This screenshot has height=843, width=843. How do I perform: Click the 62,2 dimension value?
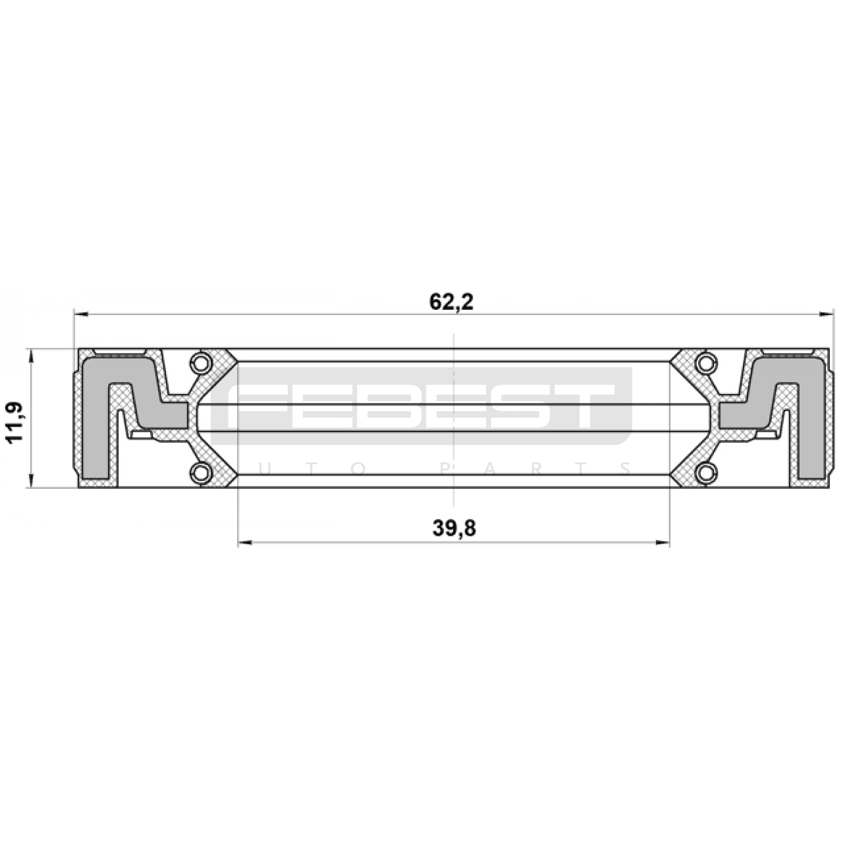click(452, 302)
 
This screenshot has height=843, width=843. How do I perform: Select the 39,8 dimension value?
click(454, 527)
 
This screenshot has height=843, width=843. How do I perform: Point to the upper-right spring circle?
click(706, 363)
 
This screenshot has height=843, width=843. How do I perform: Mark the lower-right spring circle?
click(706, 472)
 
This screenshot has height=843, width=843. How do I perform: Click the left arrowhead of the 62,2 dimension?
click(80, 315)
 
